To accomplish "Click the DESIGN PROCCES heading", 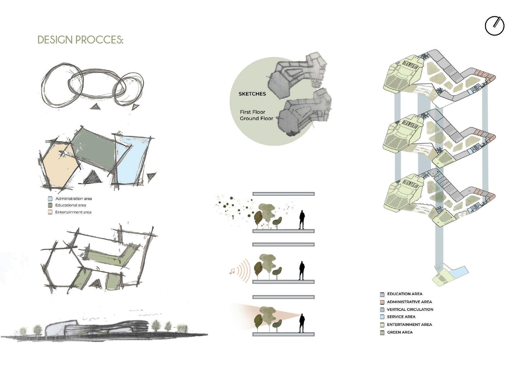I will (x=80, y=40).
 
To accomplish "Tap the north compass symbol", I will (x=494, y=26).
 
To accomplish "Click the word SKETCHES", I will (x=252, y=94).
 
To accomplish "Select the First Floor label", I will (x=252, y=112).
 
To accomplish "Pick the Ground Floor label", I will (x=256, y=118).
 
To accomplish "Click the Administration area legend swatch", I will (x=50, y=199).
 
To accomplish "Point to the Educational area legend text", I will (x=70, y=205).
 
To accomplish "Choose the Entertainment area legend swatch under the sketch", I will (x=50, y=212).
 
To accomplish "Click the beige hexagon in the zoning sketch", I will (x=59, y=166).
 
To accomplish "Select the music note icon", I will (x=232, y=271).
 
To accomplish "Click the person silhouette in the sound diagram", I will (x=302, y=271).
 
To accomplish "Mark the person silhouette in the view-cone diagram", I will (x=302, y=323).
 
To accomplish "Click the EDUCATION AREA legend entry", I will (x=404, y=294).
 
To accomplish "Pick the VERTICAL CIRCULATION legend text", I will (x=410, y=309).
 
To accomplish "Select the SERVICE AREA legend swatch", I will (x=382, y=317).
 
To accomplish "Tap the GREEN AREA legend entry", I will (x=399, y=332).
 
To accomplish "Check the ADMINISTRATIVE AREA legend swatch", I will (x=382, y=302).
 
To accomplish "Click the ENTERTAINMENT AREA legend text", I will (x=409, y=324).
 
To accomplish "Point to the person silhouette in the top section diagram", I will (x=302, y=219).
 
